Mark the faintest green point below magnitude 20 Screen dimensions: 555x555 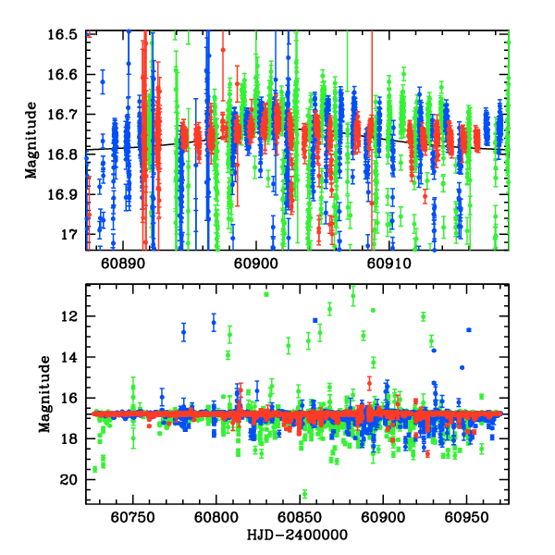tap(304, 494)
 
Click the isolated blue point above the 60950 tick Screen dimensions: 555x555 tap(469, 329)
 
